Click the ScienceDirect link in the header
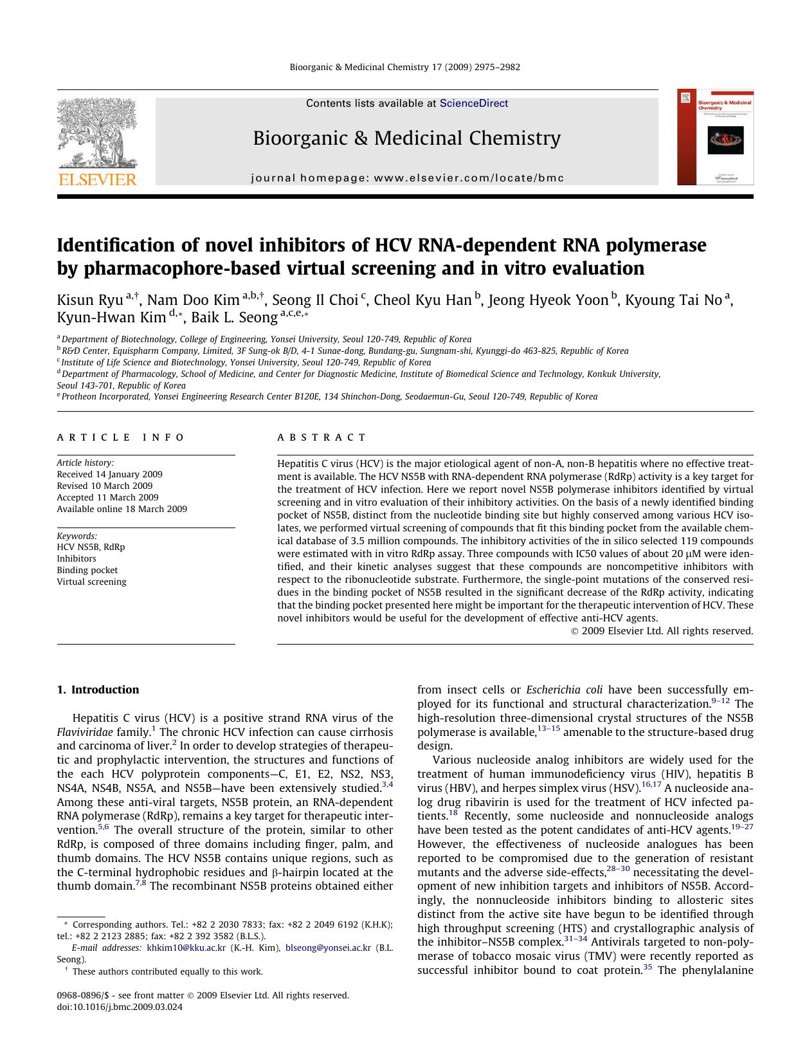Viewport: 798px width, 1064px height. click(473, 104)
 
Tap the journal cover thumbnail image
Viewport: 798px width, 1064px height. click(715, 138)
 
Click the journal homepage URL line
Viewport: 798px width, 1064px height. click(407, 178)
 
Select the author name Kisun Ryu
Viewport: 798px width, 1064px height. click(89, 300)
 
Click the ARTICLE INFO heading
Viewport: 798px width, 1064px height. click(120, 437)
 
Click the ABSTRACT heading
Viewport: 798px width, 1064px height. click(322, 437)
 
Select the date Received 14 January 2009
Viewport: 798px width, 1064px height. click(109, 474)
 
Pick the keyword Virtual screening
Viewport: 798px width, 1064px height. click(91, 582)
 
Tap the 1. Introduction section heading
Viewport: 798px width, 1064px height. click(98, 690)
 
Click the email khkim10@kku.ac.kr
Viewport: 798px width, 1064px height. click(186, 948)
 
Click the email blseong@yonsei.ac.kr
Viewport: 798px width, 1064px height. click(328, 948)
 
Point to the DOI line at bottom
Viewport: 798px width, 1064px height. click(120, 1007)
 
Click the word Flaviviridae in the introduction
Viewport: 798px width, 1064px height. click(85, 732)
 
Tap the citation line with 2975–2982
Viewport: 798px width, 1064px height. click(404, 67)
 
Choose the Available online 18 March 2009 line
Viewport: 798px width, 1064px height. click(122, 509)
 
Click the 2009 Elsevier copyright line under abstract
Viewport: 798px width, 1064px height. click(662, 631)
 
